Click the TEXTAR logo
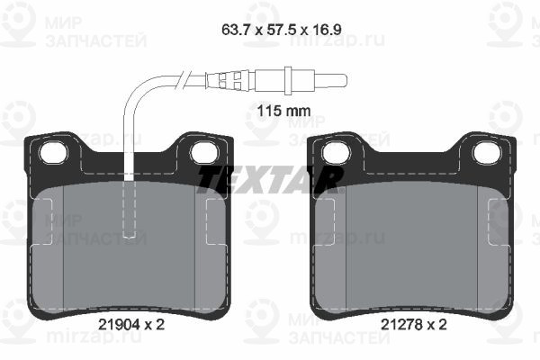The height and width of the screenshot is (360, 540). [270, 179]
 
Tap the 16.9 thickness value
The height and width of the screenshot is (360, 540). [327, 30]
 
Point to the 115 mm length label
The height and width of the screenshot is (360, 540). [284, 111]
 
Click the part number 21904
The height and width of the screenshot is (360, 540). [119, 324]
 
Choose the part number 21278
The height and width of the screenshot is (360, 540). [401, 324]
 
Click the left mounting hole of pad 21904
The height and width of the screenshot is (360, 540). [53, 153]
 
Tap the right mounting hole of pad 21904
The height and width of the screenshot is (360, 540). [204, 153]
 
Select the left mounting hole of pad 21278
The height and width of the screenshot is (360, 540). [336, 153]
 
